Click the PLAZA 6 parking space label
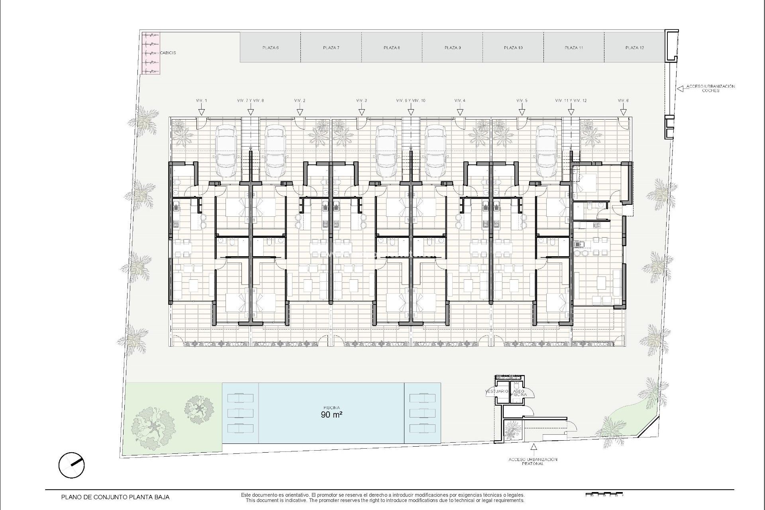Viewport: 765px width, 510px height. (270, 48)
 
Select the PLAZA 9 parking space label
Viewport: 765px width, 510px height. (453, 48)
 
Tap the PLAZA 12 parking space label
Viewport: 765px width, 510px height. (635, 48)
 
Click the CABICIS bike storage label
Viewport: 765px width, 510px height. (168, 53)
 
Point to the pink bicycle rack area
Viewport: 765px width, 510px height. (151, 53)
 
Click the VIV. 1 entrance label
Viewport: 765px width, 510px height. (202, 100)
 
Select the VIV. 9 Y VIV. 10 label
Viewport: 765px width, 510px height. (411, 100)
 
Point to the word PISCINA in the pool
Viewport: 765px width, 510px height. (331, 408)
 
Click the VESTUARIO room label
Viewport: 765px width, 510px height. (496, 391)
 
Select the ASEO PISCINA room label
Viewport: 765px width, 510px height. (519, 393)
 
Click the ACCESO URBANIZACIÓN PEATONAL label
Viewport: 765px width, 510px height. (533, 461)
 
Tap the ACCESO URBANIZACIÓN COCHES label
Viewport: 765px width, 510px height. (710, 88)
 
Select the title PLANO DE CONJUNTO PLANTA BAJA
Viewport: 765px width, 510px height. (115, 497)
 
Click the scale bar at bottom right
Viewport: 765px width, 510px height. (603, 495)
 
